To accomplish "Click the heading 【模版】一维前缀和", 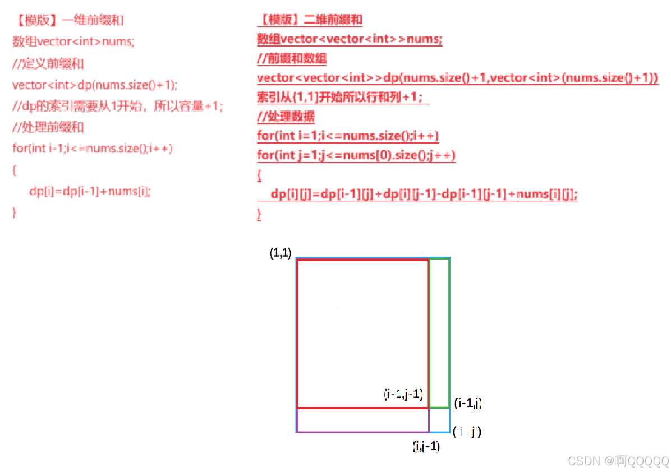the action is tap(68, 21).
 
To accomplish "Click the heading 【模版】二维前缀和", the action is tap(310, 20).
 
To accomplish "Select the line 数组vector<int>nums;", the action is tap(73, 41).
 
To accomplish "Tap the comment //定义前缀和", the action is tap(48, 63).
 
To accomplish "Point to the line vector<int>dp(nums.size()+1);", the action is tap(95, 85).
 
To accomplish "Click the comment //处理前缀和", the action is tap(48, 127).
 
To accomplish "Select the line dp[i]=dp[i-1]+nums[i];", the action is tap(90, 191).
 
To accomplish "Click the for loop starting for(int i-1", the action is tap(93, 149).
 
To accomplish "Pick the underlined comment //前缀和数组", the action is tap(292, 58).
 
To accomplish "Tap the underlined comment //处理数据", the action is tap(286, 117).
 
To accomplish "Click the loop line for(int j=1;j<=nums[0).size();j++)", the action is tap(356, 155).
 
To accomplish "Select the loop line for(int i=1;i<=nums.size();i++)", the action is tap(348, 136).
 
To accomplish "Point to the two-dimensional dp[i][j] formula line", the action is tap(424, 194).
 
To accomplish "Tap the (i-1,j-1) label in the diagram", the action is tap(403, 394).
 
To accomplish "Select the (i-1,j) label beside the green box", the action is tap(468, 403).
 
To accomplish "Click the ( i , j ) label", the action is tap(467, 432).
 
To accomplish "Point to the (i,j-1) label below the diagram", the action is tap(426, 447).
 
